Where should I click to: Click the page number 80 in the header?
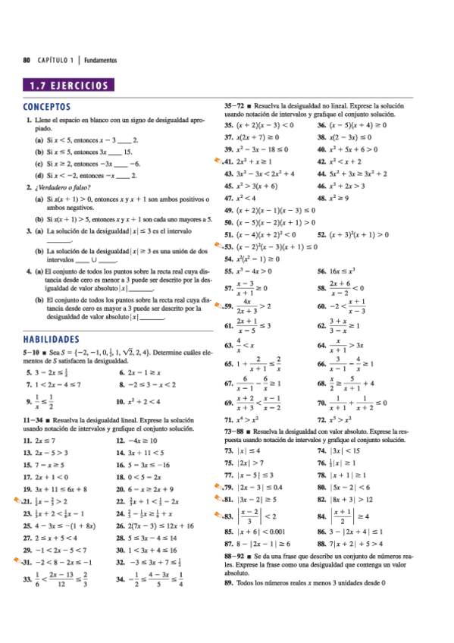click(27, 59)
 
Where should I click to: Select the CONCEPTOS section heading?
click(47, 107)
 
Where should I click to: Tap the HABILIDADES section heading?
click(52, 339)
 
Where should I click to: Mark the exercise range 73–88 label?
click(235, 430)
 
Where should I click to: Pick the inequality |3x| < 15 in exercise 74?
click(346, 450)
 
